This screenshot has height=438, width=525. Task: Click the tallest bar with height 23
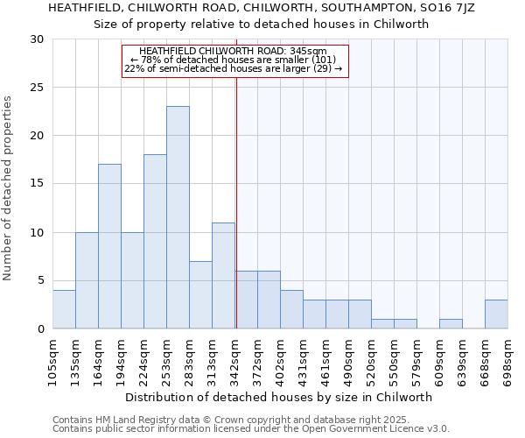(178, 217)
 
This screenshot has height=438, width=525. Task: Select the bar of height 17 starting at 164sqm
(109, 246)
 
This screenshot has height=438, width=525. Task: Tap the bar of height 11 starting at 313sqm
(223, 275)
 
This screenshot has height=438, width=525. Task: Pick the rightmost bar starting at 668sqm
(496, 314)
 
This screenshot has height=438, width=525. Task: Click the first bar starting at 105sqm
(64, 309)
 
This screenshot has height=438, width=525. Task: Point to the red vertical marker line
(236, 201)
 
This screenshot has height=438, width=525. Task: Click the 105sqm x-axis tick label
(53, 360)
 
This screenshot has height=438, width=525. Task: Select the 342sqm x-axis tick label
(235, 360)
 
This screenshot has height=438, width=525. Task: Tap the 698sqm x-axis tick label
(508, 360)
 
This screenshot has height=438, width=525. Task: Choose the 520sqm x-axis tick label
(372, 360)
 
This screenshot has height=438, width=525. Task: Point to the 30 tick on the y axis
(36, 39)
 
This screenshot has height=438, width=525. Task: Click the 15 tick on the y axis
(36, 184)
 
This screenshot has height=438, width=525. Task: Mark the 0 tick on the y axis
(39, 329)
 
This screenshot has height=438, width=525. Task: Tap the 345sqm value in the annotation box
(311, 52)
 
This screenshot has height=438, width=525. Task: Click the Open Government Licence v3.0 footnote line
(251, 429)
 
